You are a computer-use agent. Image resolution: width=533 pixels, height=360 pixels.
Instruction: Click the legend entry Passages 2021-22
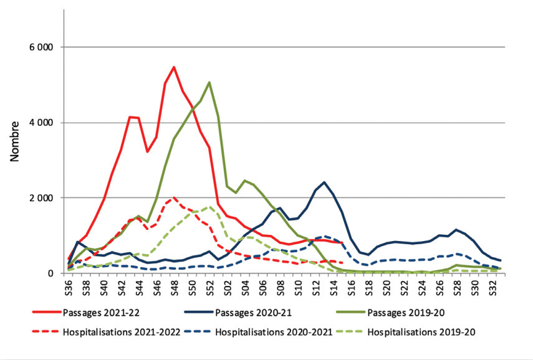click(x=97, y=311)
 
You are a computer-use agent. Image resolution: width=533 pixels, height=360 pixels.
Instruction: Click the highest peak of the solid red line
click(x=174, y=67)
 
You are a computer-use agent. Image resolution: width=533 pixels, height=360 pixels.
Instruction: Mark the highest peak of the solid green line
click(x=209, y=82)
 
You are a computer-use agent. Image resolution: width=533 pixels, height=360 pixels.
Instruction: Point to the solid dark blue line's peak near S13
click(x=324, y=182)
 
